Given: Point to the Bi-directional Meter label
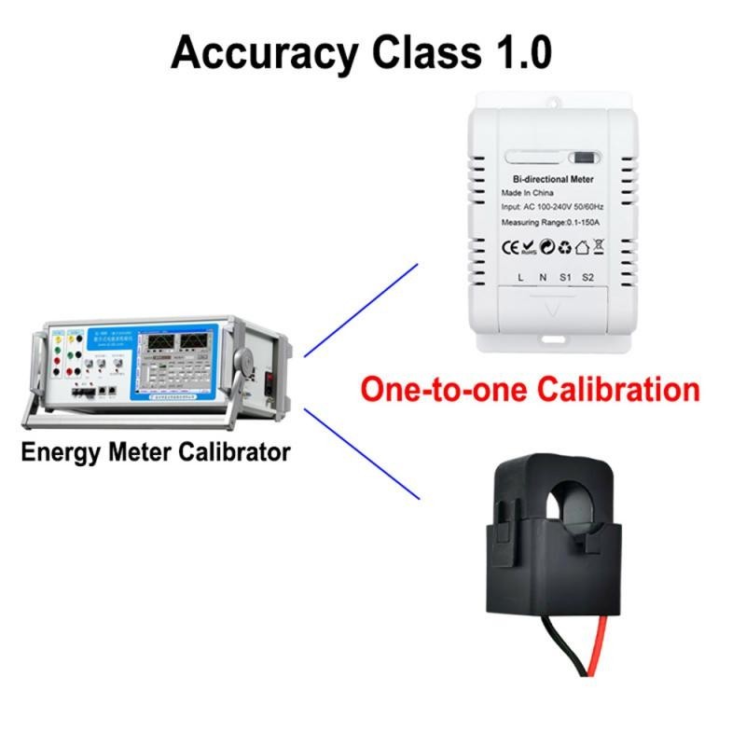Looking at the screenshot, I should tap(555, 177).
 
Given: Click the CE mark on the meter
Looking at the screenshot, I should tap(511, 247).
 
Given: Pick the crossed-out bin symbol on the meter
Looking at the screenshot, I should tap(599, 247).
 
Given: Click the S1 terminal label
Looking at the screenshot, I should tap(565, 277).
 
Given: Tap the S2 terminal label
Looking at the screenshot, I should tap(587, 277).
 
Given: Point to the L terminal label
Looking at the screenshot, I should tap(520, 277).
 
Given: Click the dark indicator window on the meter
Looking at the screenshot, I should tap(585, 158).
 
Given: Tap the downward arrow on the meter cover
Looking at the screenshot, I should tap(555, 309).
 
